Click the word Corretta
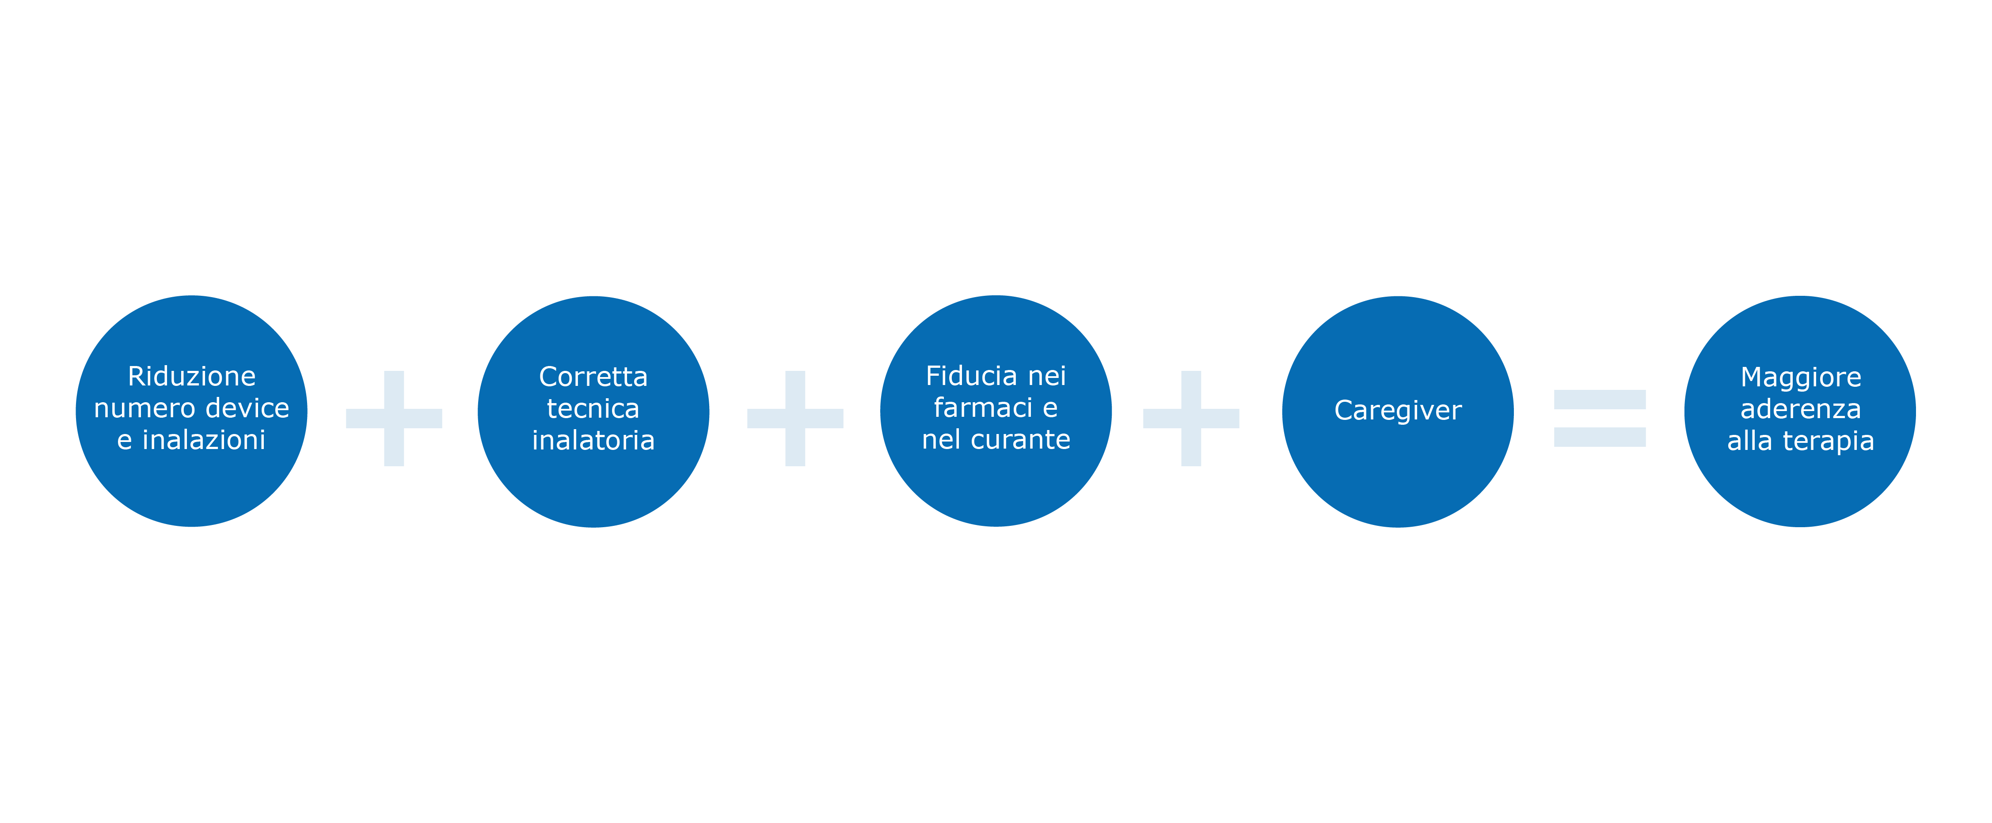[x=593, y=377]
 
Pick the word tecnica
[x=593, y=409]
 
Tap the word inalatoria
[x=593, y=441]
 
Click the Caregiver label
[x=1397, y=410]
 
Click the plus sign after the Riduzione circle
[x=394, y=418]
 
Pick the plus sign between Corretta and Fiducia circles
[x=795, y=418]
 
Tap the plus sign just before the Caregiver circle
[x=1191, y=418]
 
